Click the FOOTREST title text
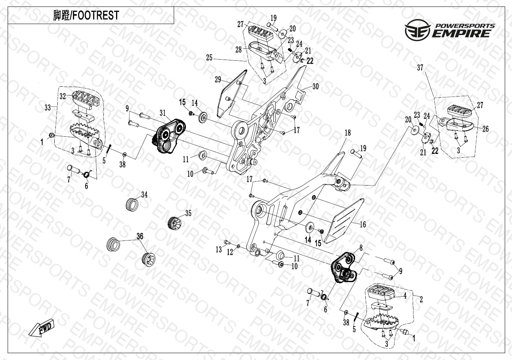86,15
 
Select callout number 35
188,213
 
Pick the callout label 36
140,236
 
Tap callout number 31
163,113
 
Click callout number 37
420,68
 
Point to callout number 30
315,86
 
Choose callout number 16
363,224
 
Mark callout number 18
347,133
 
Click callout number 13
218,249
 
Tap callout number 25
209,58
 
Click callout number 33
47,108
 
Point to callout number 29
218,79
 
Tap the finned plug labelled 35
174,222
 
